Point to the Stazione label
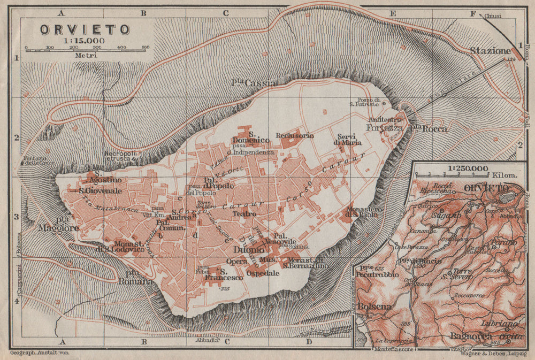(x=490, y=51)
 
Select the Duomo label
(x=246, y=249)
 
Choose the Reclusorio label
(x=293, y=135)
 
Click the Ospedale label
(x=263, y=273)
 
